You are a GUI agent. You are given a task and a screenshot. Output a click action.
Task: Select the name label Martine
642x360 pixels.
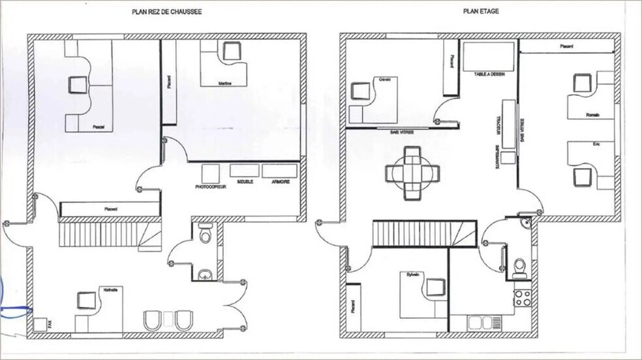[226, 83]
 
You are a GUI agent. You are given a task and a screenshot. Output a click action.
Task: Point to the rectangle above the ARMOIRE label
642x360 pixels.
[281, 171]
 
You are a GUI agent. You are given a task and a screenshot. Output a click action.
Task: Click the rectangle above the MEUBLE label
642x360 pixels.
[244, 171]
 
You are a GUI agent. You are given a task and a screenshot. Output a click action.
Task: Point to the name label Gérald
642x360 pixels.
[384, 79]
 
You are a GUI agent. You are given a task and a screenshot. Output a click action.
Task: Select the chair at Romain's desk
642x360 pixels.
[580, 83]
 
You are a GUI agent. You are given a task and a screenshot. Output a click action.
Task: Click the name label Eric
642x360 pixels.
[595, 143]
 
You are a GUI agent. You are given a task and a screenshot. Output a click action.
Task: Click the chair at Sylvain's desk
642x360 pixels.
[433, 287]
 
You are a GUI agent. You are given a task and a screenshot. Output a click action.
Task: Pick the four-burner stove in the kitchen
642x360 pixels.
[523, 299]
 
